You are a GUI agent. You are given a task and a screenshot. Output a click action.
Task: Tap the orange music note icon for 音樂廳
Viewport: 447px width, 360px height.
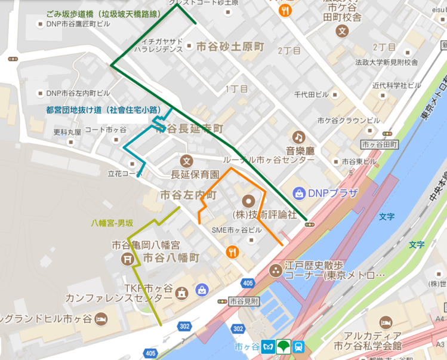pos(298,137)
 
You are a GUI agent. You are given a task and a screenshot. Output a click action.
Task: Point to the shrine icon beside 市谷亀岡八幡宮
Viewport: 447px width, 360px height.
pos(127,259)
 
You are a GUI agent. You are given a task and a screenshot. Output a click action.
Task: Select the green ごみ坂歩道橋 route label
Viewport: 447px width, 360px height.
pos(112,13)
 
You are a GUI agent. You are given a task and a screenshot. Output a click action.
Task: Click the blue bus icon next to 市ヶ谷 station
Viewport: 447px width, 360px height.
pos(299,347)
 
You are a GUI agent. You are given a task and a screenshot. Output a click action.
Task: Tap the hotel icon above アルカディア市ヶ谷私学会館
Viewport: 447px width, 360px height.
pos(386,322)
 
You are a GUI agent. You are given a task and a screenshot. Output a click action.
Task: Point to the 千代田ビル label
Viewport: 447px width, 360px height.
pos(312,95)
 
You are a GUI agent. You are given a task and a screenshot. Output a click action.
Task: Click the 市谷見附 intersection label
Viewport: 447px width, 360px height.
pos(243,301)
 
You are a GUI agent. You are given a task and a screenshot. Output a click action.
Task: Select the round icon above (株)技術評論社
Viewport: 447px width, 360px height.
pos(248,201)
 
